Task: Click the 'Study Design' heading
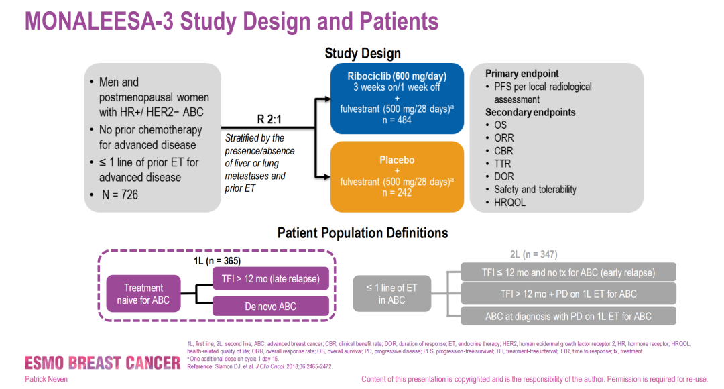tap(363, 54)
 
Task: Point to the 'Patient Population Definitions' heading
tap(363, 233)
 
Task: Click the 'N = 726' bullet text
tap(119, 195)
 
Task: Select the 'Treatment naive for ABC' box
tap(143, 294)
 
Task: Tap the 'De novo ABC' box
tap(271, 307)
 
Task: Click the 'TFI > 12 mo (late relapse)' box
tap(271, 278)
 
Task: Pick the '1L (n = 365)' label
tap(213, 261)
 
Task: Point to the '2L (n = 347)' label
tap(534, 254)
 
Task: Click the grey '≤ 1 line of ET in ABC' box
tap(391, 294)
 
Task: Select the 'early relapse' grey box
tap(568, 272)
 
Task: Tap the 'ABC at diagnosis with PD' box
tap(568, 316)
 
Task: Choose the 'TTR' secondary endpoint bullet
tap(503, 164)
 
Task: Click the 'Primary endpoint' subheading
tap(522, 74)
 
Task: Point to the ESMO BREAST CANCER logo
tap(93, 363)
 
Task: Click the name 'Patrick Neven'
tap(46, 379)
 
